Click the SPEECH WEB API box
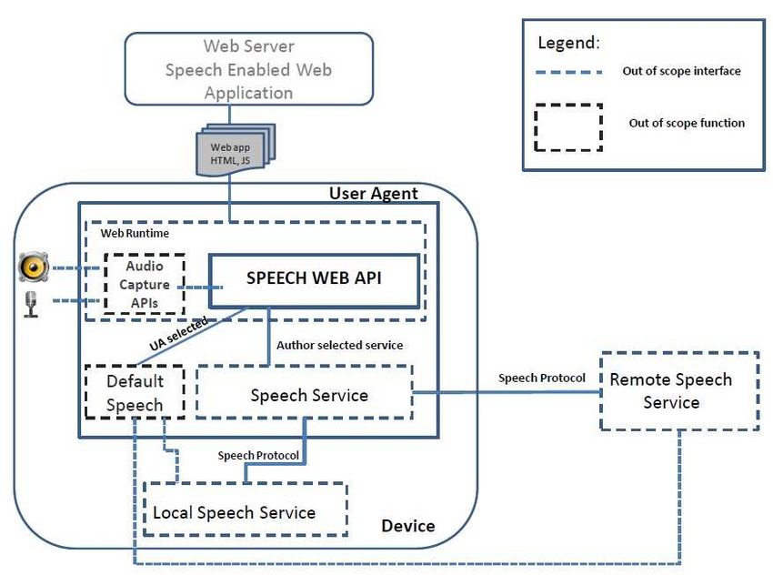[314, 281]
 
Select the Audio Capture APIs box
[145, 284]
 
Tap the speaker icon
[34, 267]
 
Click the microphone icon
[31, 304]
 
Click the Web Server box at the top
[249, 69]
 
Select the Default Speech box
[136, 392]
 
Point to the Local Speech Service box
[245, 509]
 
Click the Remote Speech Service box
[679, 391]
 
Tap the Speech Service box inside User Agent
[305, 392]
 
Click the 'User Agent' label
[373, 193]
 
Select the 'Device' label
[408, 526]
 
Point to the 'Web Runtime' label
[135, 233]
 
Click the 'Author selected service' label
[340, 345]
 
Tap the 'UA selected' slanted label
[178, 334]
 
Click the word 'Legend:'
[569, 43]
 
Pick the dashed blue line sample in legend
[569, 72]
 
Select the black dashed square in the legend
[568, 127]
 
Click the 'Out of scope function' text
[687, 123]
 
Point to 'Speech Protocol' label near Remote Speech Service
[542, 378]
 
